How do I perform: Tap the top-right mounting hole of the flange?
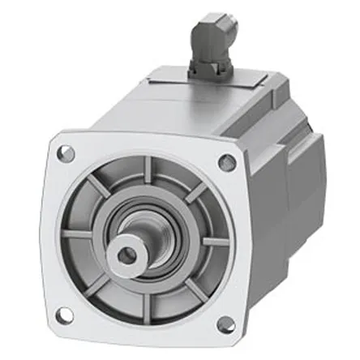(x=228, y=162)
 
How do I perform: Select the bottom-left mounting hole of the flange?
(x=66, y=313)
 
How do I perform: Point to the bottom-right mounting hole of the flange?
(x=226, y=324)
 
